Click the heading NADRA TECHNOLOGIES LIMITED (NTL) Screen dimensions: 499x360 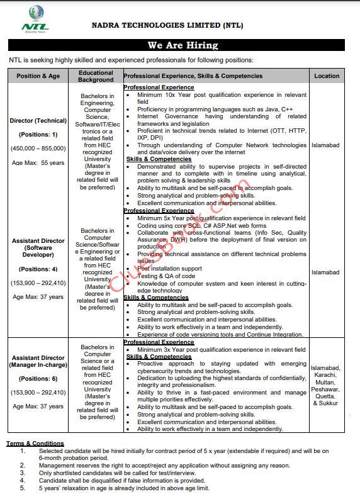pyautogui.click(x=186, y=26)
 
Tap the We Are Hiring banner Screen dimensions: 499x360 pyautogui.click(x=183, y=45)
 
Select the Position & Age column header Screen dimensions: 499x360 pyautogui.click(x=38, y=76)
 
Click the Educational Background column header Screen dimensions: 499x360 pyautogui.click(x=96, y=76)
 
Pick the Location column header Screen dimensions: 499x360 pyautogui.click(x=327, y=76)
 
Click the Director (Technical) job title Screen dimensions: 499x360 pyautogui.click(x=38, y=120)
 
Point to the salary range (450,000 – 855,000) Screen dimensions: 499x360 pyautogui.click(x=38, y=149)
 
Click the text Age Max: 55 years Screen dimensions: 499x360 pyautogui.click(x=38, y=162)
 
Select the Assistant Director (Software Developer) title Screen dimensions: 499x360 pyautogui.click(x=38, y=248)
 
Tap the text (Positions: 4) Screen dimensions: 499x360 pyautogui.click(x=38, y=269)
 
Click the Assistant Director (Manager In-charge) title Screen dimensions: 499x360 pyautogui.click(x=38, y=361)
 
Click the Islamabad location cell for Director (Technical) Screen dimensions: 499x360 pyautogui.click(x=327, y=145)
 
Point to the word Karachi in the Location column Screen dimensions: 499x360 pyautogui.click(x=327, y=375)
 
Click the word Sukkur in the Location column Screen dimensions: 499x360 pyautogui.click(x=329, y=403)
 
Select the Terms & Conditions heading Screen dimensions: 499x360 pyautogui.click(x=35, y=444)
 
